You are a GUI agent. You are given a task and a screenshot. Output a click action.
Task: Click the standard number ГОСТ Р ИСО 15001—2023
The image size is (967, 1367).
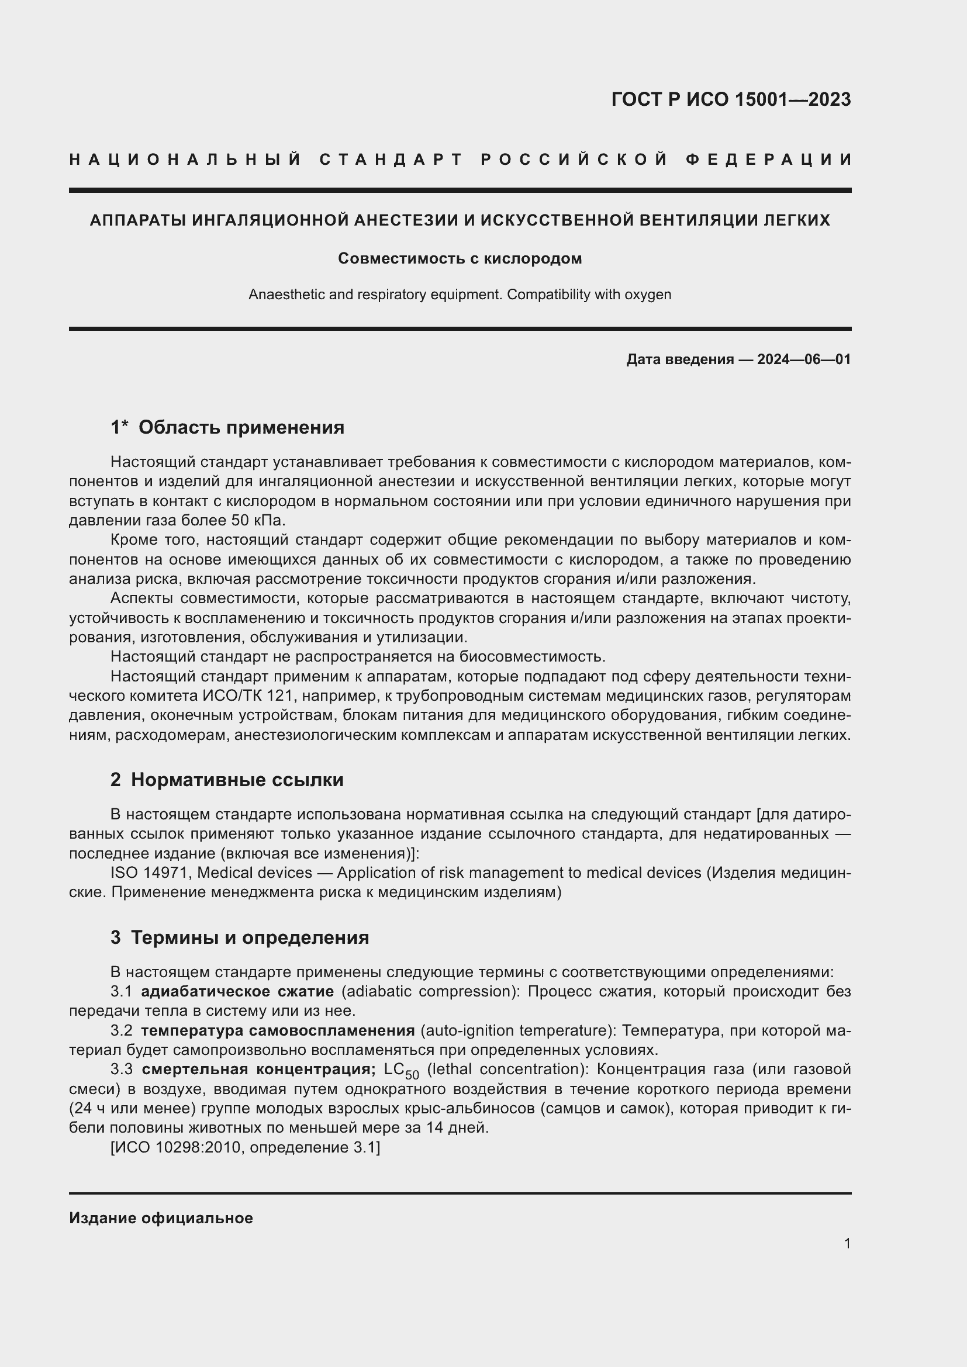coord(731,99)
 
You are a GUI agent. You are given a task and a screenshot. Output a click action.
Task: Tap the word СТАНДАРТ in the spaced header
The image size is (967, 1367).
coord(391,160)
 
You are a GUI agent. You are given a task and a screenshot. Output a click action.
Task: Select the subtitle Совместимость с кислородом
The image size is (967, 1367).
coord(460,258)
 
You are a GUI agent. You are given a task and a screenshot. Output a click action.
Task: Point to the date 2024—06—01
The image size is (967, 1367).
coord(803,359)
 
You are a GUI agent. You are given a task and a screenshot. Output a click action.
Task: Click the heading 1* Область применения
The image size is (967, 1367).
coord(227,427)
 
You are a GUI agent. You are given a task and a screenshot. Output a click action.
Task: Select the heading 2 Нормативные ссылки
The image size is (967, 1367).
coord(227,780)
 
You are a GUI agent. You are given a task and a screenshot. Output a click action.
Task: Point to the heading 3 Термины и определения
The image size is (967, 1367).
coord(239,937)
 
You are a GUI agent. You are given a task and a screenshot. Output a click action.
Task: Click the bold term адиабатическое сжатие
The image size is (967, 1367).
coord(237,991)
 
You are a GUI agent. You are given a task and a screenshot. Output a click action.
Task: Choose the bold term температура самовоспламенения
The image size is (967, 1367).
coord(278,1030)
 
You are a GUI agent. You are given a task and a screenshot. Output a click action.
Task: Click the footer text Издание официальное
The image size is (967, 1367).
coord(161,1218)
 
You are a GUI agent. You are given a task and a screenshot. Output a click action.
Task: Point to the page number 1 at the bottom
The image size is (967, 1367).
coord(847,1243)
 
